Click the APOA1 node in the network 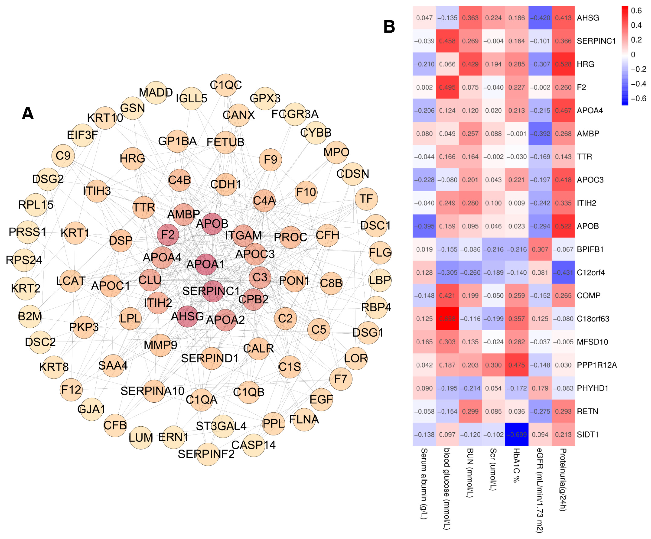tap(206, 264)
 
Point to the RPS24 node tap(24, 260)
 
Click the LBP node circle tap(380, 280)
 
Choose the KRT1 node tap(75, 233)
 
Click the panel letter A tap(28, 114)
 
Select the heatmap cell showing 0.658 tap(447, 319)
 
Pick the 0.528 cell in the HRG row tap(563, 64)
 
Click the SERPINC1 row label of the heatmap tap(596, 41)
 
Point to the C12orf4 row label tap(591, 273)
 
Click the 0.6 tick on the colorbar tap(636, 11)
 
